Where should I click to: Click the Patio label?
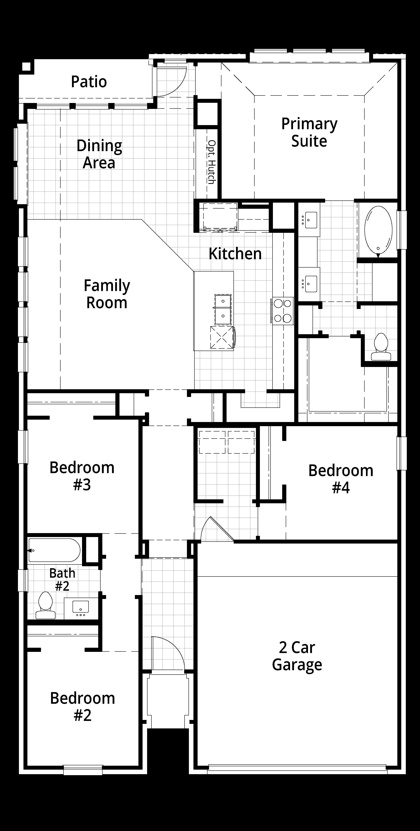(89, 82)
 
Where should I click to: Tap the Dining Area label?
(99, 154)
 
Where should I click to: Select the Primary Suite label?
(309, 132)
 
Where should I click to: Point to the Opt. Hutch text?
(211, 162)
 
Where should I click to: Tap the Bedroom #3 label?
(82, 476)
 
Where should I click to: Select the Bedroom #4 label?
(341, 479)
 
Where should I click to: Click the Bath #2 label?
(62, 580)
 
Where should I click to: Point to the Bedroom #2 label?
(82, 707)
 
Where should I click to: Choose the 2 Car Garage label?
(297, 656)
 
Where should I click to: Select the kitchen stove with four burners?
(283, 311)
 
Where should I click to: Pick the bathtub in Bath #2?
(54, 550)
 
